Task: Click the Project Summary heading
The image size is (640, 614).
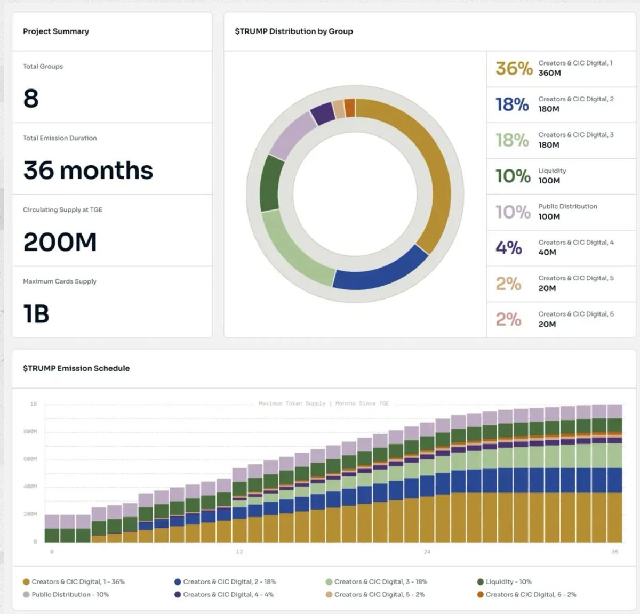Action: (x=56, y=31)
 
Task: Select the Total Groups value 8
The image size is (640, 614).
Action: (x=31, y=99)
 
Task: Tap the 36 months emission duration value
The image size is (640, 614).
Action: (x=88, y=171)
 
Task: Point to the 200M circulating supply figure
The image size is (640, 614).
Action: (x=60, y=242)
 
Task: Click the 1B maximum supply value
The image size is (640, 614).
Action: (x=36, y=314)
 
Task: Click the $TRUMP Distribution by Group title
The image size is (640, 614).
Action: (x=294, y=31)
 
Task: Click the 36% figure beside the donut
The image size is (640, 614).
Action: (x=514, y=69)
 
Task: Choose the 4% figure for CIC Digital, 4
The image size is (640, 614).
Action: (x=509, y=248)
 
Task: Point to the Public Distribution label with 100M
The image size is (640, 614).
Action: (x=567, y=207)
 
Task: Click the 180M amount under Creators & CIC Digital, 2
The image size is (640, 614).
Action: (x=549, y=109)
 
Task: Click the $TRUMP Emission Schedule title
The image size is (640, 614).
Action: (x=76, y=368)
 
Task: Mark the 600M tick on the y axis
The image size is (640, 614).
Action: (x=30, y=459)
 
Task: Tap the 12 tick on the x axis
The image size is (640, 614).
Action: (x=239, y=552)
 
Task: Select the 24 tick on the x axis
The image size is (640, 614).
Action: (x=427, y=552)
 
